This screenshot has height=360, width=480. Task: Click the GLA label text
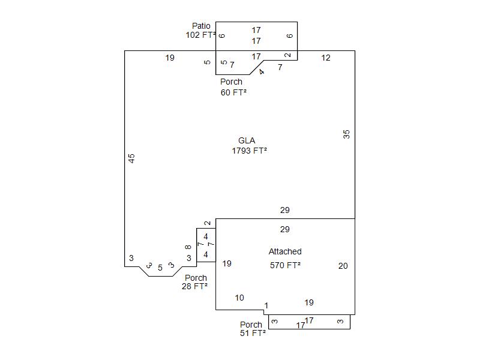[x=247, y=140]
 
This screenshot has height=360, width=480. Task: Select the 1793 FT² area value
[x=249, y=151]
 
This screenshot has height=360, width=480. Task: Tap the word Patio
[x=201, y=26]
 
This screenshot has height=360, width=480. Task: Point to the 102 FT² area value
[x=200, y=35]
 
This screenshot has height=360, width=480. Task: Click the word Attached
[x=285, y=251]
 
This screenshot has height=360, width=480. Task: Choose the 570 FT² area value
[x=285, y=265]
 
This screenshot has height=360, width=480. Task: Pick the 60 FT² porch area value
[x=233, y=92]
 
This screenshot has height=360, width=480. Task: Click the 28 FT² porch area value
[x=194, y=286]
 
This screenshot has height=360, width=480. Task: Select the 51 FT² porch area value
[x=253, y=333]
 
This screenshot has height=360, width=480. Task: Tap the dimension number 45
[x=132, y=158]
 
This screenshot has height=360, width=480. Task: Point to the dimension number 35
[x=346, y=134]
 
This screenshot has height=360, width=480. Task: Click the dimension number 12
[x=326, y=58]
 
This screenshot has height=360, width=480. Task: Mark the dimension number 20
[x=343, y=266]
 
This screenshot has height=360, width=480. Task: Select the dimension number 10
[x=239, y=298]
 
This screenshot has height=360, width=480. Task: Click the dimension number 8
[x=188, y=247]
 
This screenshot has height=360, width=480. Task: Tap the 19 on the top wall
[x=170, y=58]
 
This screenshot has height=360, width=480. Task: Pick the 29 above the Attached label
[x=285, y=229]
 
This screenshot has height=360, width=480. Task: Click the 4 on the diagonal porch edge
[x=262, y=73]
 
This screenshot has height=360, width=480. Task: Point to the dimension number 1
[x=266, y=306]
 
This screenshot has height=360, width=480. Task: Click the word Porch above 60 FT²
[x=231, y=82]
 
